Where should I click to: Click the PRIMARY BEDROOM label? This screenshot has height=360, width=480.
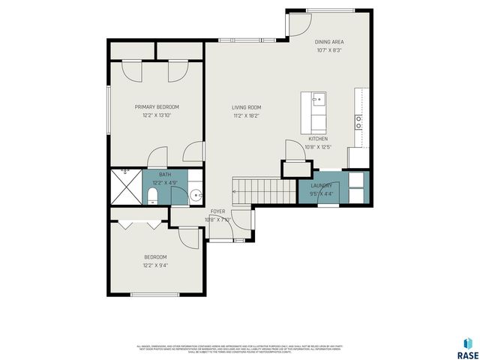[x=157, y=107]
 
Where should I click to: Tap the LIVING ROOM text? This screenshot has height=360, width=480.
[x=246, y=107]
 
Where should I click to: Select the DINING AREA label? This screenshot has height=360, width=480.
[x=328, y=42]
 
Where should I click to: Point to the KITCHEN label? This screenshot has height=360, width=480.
[x=318, y=139]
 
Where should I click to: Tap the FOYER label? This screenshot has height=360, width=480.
[x=217, y=211]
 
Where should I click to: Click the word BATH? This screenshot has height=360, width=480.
[x=164, y=175]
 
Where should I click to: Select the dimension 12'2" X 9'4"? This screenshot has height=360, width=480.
[x=155, y=265]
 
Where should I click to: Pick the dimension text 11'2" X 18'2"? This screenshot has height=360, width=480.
[x=246, y=116]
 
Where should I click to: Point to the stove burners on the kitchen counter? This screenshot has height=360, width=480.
[x=359, y=118]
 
